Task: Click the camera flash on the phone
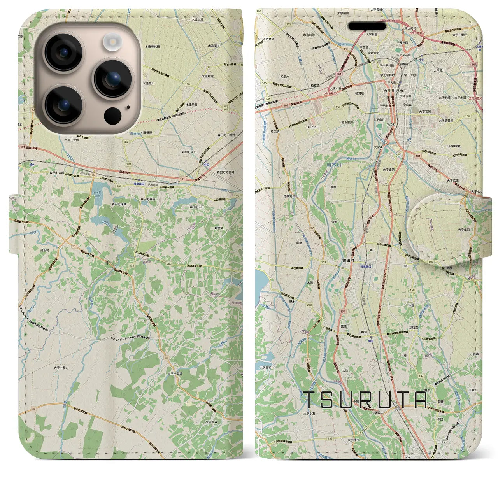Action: point(112,41)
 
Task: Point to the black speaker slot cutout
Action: point(367,26)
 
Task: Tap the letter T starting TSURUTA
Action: point(311,400)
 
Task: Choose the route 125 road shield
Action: point(330,438)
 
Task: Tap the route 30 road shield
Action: point(34,409)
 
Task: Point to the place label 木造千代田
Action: point(153,46)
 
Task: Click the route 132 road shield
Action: point(132,265)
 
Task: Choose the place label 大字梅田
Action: point(463,230)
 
